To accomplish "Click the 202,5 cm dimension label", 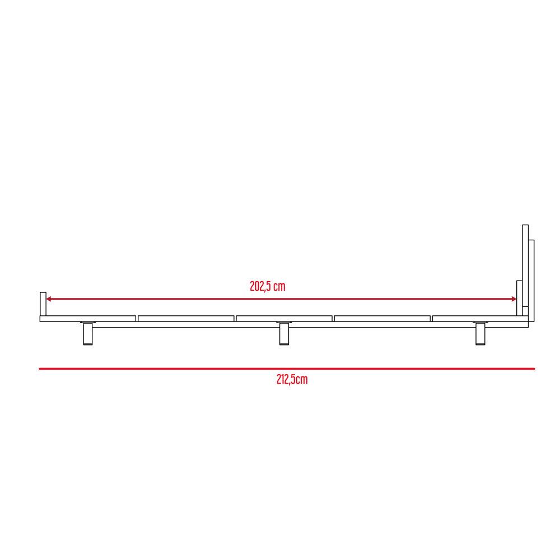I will pos(268,287).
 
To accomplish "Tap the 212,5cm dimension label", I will pos(292,380).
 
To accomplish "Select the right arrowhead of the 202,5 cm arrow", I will pos(514,300).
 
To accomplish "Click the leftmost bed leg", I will pos(88,334).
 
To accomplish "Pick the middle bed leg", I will pos(284,334).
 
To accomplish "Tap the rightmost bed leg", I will pos(480,334).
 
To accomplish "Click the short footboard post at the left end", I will pos(42,304).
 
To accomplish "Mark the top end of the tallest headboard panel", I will pos(525,226).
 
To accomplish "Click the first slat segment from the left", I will pos(88,319).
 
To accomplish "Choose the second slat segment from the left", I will pos(186,319).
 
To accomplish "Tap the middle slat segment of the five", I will pos(284,319).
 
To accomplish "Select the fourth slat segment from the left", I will pos(382,319).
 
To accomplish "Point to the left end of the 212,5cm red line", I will pos(40,368).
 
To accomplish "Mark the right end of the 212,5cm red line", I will pos(534,368).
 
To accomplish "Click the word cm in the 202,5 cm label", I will pos(279,287).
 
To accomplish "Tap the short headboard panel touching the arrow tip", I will pos(519,298).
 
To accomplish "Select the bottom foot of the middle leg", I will pos(284,343).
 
